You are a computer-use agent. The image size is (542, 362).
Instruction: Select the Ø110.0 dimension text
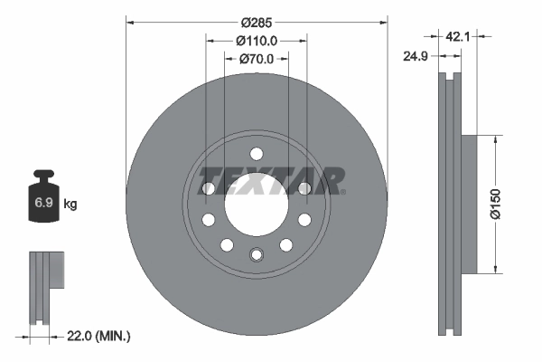tap(256, 42)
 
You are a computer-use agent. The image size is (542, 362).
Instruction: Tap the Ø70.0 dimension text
tap(256, 60)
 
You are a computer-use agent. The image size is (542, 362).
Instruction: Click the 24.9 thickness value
tap(416, 56)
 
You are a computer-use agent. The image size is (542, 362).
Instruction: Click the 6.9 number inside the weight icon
tap(43, 204)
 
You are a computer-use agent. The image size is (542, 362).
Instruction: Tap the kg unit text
tap(70, 205)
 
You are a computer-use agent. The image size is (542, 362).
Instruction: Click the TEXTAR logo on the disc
tap(271, 180)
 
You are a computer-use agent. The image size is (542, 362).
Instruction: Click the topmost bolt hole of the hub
tap(256, 153)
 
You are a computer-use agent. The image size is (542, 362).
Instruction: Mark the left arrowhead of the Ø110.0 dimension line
tap(210, 42)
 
